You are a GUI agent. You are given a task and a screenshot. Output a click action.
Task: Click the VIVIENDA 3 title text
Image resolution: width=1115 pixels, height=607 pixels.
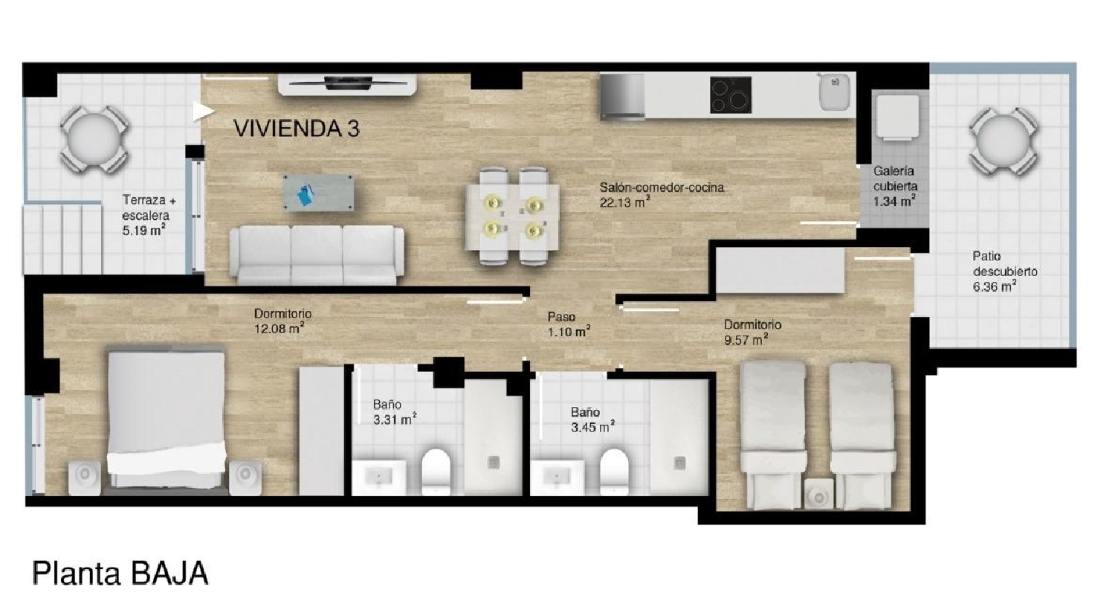[x=297, y=129]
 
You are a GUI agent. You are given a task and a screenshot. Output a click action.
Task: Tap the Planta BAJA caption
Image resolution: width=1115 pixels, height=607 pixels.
[x=120, y=573]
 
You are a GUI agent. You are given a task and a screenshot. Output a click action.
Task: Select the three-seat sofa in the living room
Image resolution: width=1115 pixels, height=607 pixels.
[x=317, y=255]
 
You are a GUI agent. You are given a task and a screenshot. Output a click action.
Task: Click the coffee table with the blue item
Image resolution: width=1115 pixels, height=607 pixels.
[x=319, y=193]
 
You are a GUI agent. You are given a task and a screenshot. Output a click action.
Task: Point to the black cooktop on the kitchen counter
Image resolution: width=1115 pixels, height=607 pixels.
[x=731, y=94]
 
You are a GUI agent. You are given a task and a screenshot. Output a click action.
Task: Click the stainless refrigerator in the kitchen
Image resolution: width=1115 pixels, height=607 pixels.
[x=622, y=97]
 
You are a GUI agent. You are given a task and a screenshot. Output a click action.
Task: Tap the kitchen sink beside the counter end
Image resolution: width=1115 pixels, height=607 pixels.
[x=835, y=91]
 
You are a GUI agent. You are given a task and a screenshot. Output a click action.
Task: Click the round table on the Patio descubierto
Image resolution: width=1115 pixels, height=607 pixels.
[x=1003, y=141]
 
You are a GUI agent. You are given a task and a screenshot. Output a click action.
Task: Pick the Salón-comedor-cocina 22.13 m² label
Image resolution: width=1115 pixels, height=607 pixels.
[x=662, y=195]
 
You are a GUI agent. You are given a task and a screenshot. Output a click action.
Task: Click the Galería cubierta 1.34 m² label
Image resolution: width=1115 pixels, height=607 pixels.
[x=895, y=186]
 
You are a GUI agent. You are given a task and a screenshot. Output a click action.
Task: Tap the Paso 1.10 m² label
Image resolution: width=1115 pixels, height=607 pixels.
[x=569, y=324]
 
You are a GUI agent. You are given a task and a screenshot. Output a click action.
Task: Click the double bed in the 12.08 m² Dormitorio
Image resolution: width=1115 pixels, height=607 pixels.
[x=167, y=419]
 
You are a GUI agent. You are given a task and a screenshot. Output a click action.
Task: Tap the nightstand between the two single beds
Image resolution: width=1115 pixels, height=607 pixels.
[x=819, y=493]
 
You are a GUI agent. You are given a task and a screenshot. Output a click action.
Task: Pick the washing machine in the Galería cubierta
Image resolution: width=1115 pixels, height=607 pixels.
[x=897, y=117]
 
